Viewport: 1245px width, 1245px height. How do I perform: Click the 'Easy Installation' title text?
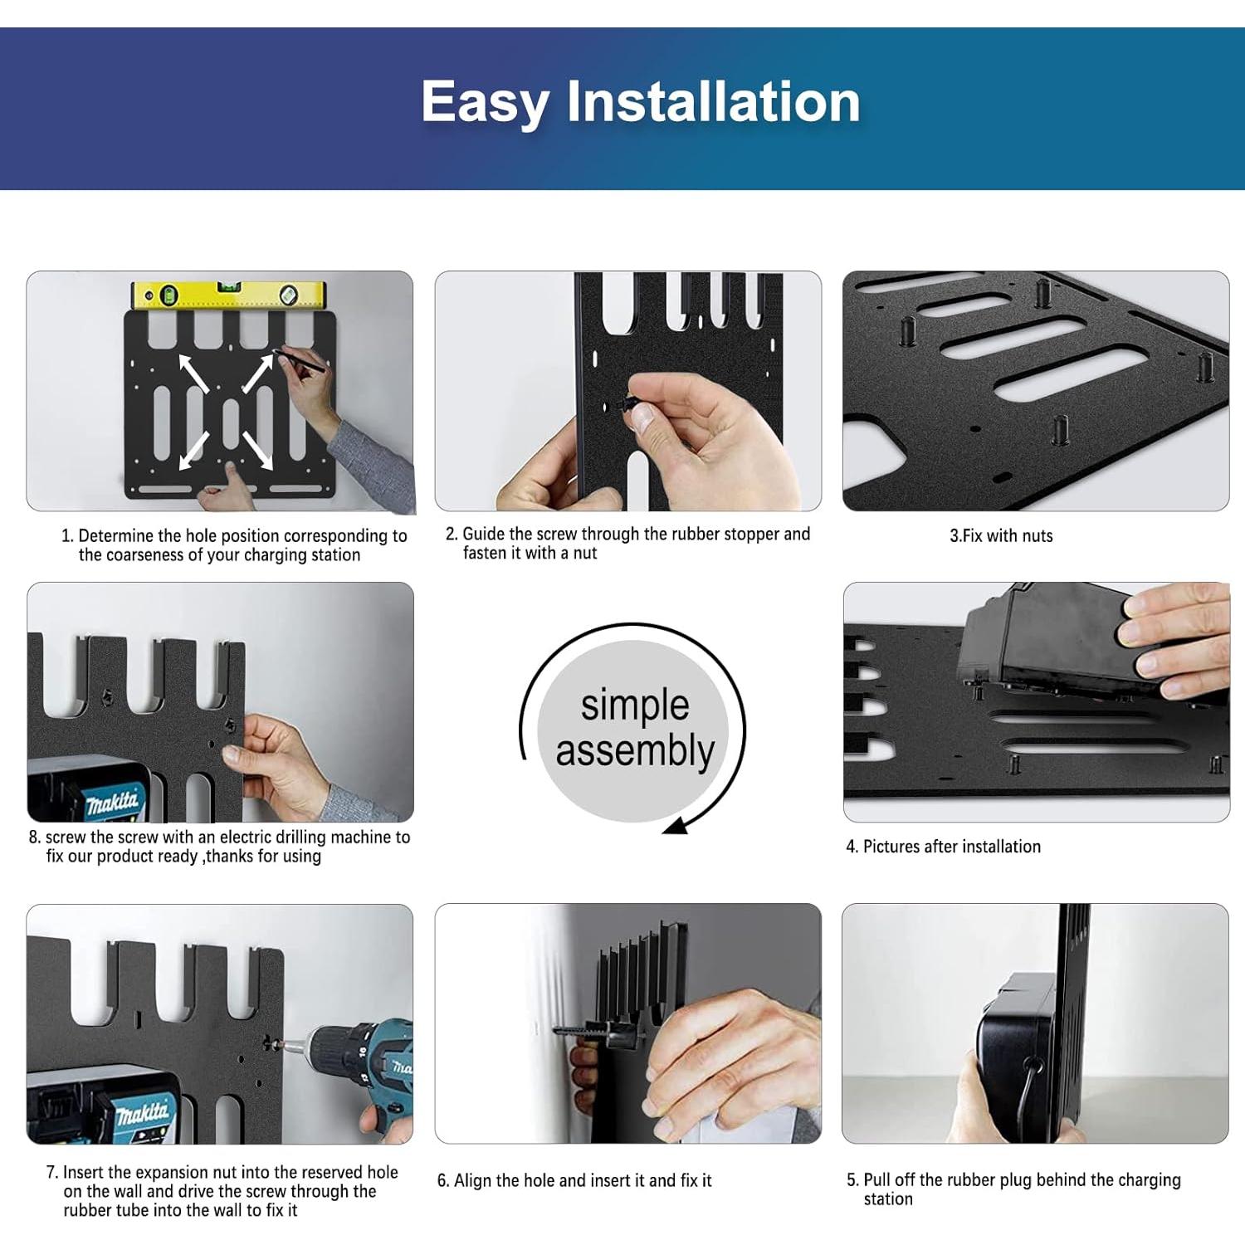pyautogui.click(x=640, y=101)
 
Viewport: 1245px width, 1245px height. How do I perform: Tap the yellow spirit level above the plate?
pyautogui.click(x=230, y=295)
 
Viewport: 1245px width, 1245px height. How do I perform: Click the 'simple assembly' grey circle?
pyautogui.click(x=634, y=728)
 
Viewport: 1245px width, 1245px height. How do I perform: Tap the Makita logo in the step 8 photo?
pyautogui.click(x=113, y=803)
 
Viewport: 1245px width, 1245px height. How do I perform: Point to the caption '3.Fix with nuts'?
pyautogui.click(x=1001, y=536)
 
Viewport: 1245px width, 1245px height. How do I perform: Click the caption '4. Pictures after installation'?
pyautogui.click(x=943, y=847)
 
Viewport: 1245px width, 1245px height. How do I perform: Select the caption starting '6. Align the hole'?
pyautogui.click(x=574, y=1180)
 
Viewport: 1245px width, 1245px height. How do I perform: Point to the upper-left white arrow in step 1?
pyautogui.click(x=193, y=373)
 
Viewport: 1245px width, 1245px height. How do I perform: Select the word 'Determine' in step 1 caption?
pyautogui.click(x=115, y=536)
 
